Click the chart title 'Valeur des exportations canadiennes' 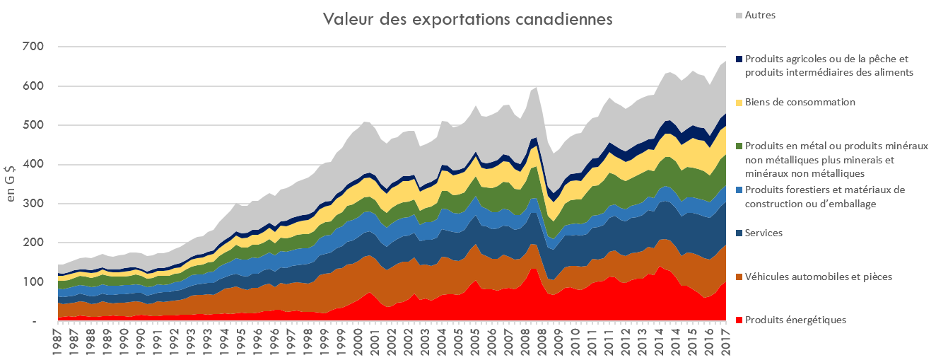click(467, 19)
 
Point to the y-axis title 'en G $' click(11, 185)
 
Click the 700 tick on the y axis click(33, 47)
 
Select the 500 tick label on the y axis click(33, 126)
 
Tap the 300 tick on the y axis click(33, 204)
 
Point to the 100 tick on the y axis click(33, 283)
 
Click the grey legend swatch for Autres click(739, 15)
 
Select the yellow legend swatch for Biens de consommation click(739, 103)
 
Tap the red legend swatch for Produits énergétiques click(739, 320)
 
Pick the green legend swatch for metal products click(739, 146)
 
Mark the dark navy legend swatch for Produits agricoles click(739, 59)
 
